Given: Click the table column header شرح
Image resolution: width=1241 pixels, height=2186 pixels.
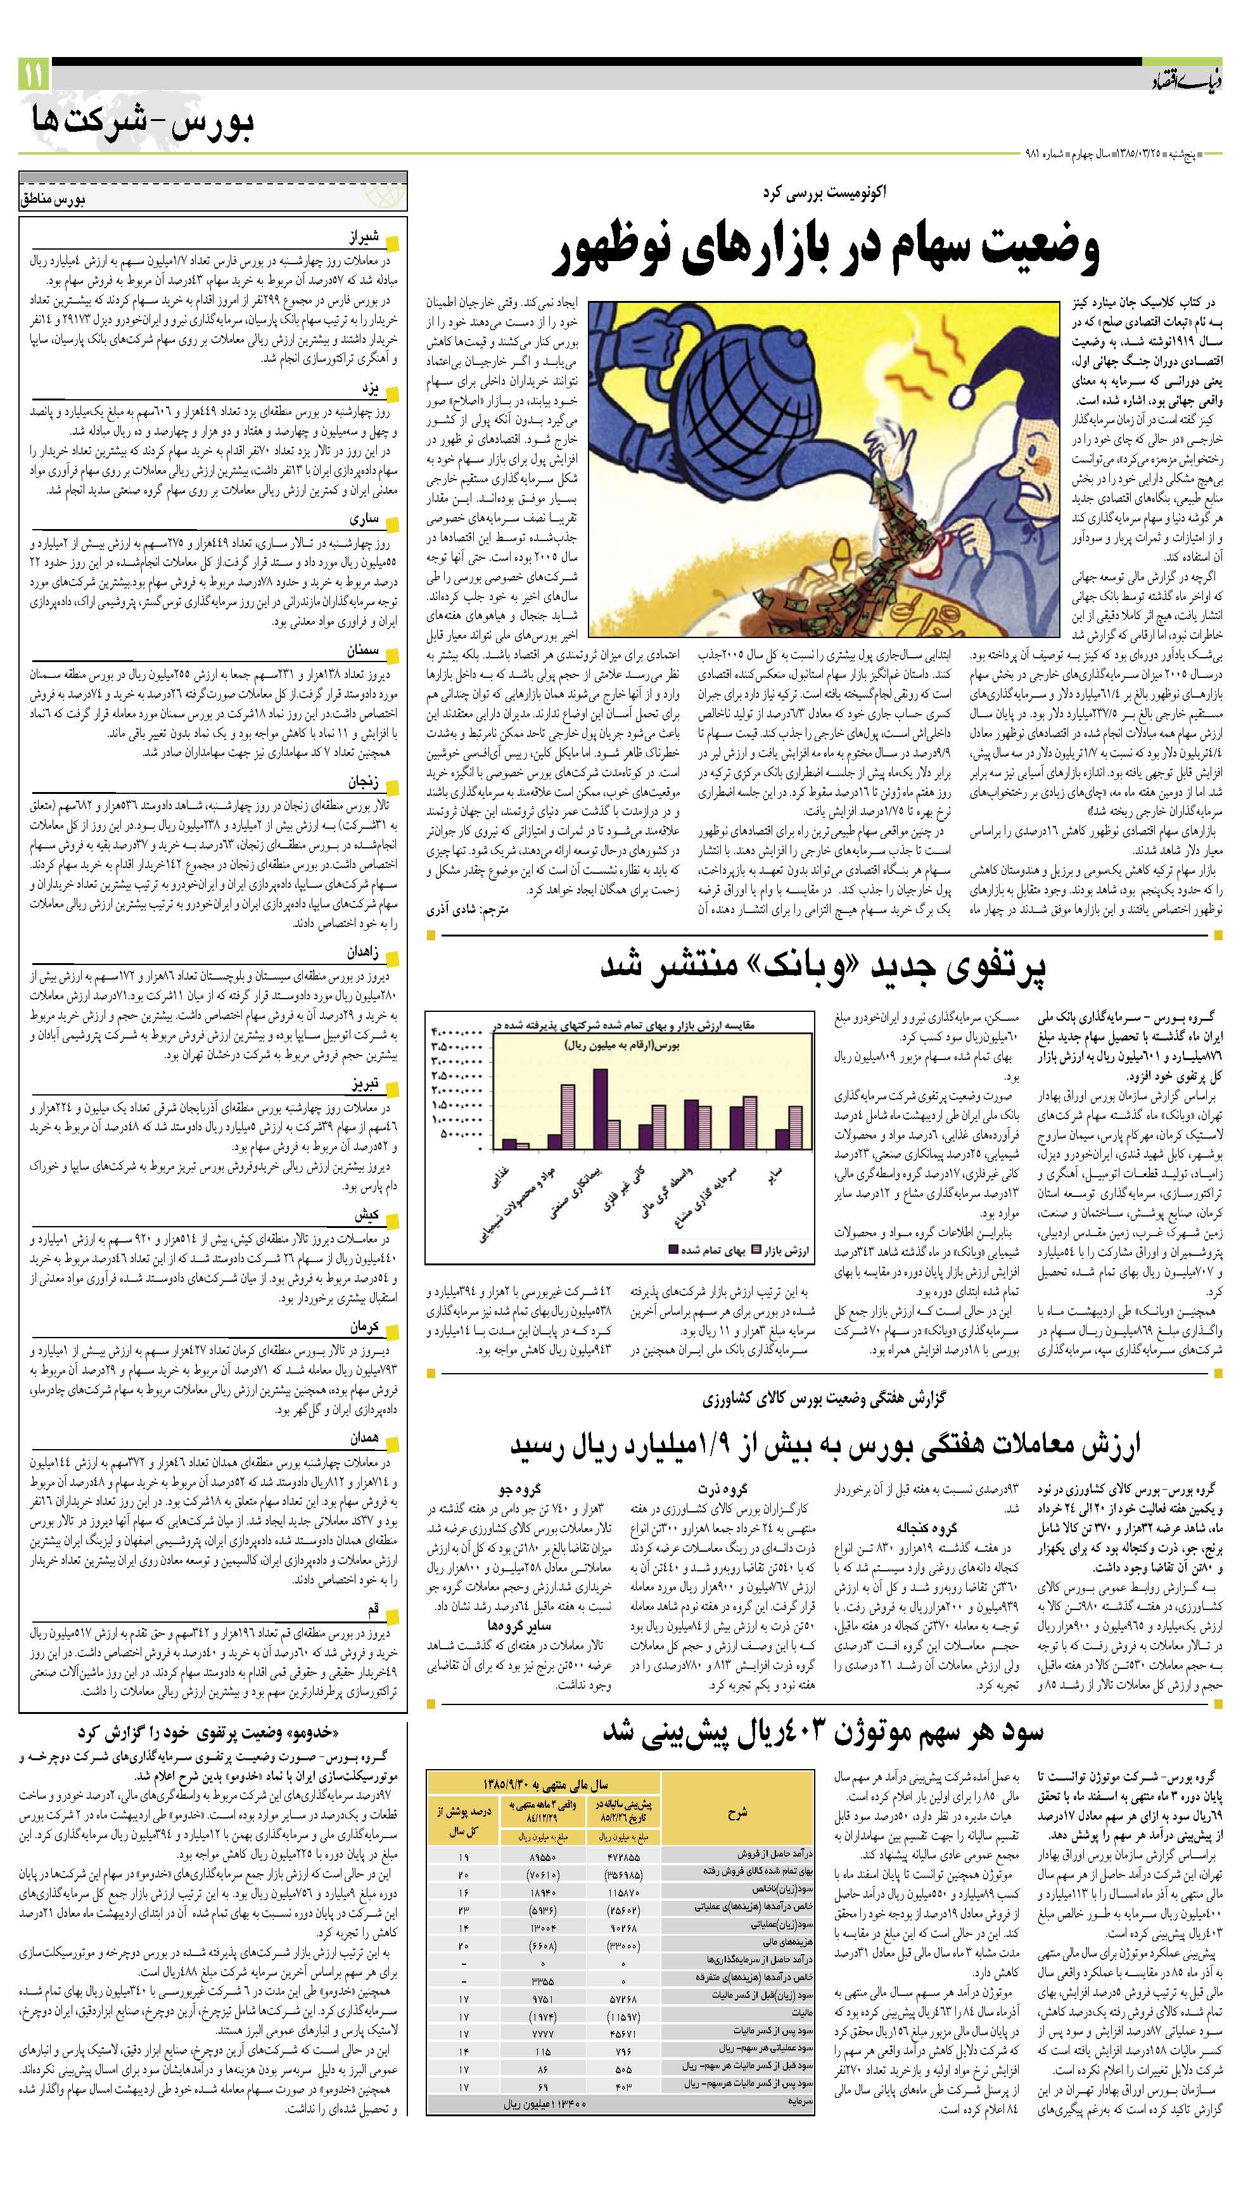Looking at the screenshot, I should pos(737,1811).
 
